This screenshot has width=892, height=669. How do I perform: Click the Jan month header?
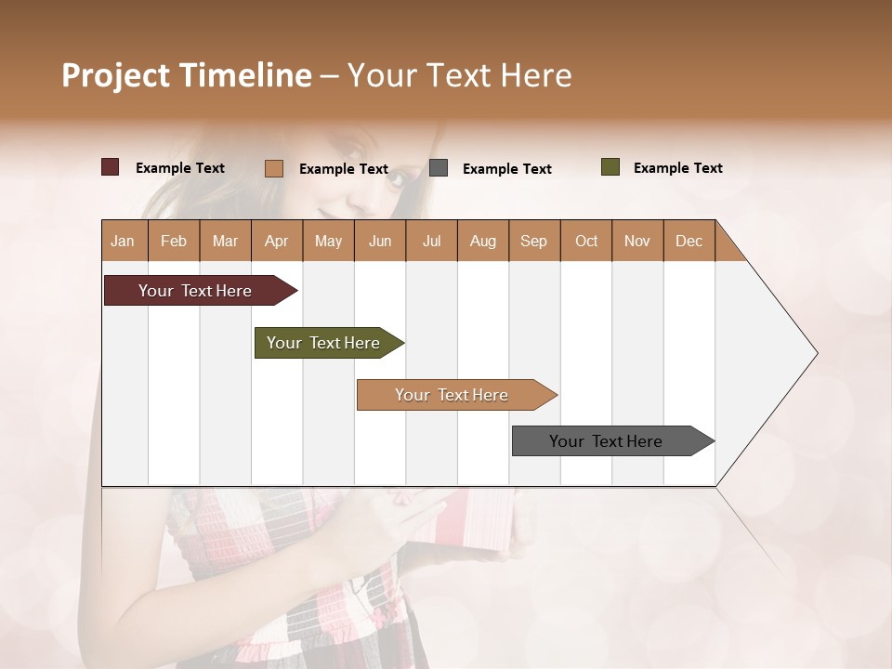click(x=123, y=242)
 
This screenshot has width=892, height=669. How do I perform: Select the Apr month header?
click(x=276, y=242)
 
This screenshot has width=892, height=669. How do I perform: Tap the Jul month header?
click(x=431, y=242)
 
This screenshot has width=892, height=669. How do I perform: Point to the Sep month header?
click(x=533, y=242)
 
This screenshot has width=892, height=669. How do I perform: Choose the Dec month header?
click(x=689, y=242)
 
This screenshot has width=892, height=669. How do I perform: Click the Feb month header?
click(x=174, y=242)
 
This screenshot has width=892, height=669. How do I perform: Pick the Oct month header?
click(x=586, y=242)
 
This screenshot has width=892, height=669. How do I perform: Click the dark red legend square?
click(x=111, y=167)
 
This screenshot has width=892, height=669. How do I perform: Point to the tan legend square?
click(x=274, y=168)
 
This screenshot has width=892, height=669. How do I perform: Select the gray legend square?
click(x=439, y=168)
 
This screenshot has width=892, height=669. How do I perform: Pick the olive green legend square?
click(x=610, y=167)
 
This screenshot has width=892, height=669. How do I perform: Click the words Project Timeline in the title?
click(x=187, y=75)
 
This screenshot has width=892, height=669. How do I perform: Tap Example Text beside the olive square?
click(x=677, y=168)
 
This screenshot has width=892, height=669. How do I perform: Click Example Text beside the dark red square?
click(x=180, y=168)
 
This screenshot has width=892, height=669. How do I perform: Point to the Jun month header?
click(x=380, y=242)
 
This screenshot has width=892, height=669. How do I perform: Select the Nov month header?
click(x=637, y=242)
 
